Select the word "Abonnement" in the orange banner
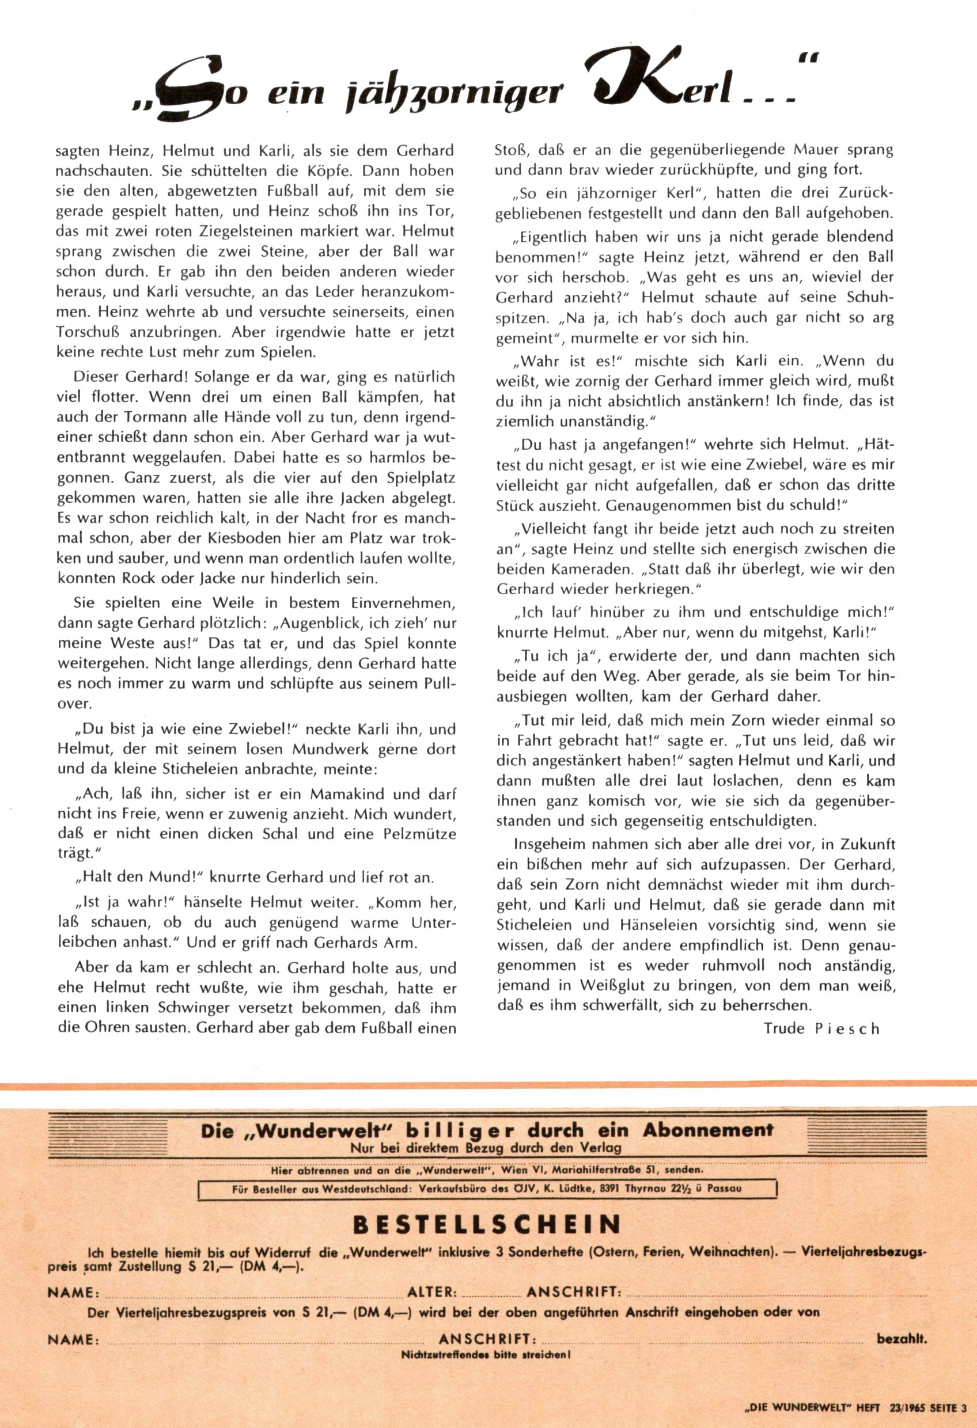point(708,1129)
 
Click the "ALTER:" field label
point(432,1292)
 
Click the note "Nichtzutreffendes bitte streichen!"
point(486,1354)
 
